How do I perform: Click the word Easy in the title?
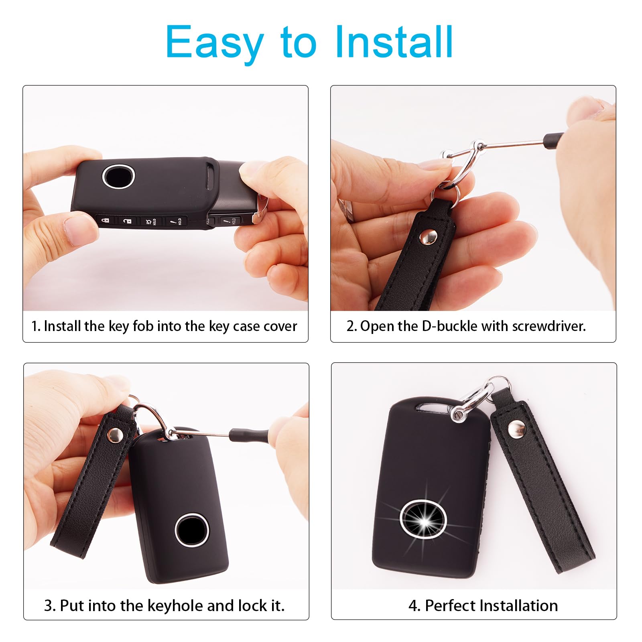point(214,42)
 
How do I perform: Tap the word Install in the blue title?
point(394,42)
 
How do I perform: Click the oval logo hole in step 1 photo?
point(118,176)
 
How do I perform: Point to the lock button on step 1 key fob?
point(105,221)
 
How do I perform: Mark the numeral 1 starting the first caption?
point(35,326)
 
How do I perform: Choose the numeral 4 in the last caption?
point(413,605)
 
